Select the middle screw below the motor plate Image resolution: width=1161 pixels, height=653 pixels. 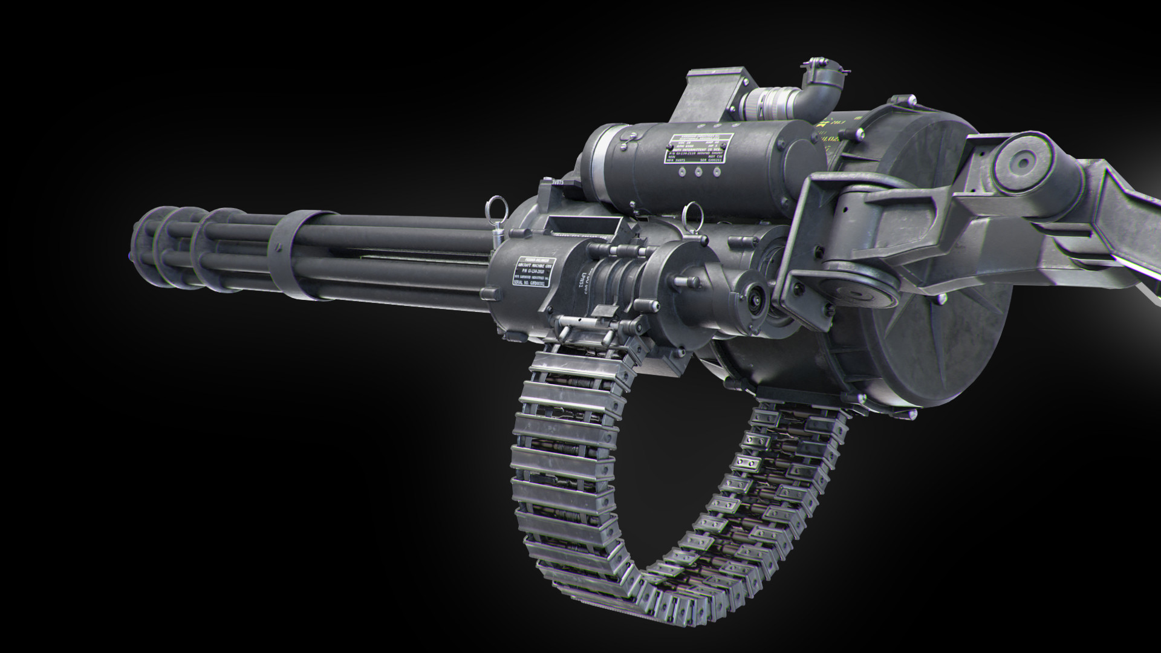tap(698, 171)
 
